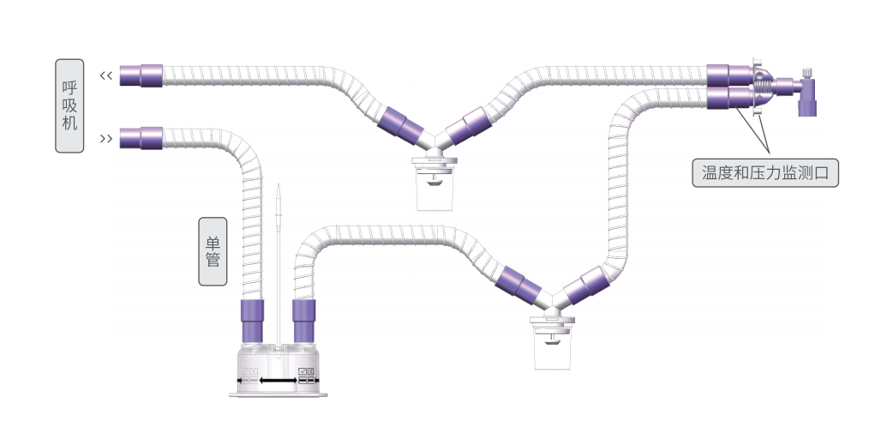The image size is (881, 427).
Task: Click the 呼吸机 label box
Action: (x=69, y=105)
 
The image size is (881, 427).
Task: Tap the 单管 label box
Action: (x=213, y=251)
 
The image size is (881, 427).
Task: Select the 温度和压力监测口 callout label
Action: (x=765, y=172)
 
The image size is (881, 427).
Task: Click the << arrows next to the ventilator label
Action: (x=106, y=75)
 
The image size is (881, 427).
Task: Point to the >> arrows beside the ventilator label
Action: (x=106, y=138)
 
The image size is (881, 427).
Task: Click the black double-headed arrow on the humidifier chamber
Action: (x=279, y=381)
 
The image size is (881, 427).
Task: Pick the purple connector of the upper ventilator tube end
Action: (x=141, y=75)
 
